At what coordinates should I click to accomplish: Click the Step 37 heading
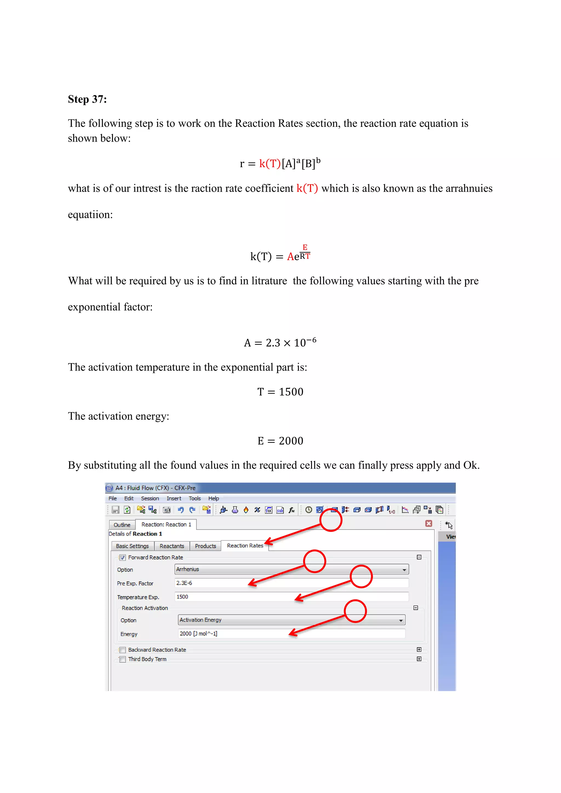(87, 99)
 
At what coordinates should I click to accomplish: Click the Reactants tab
(172, 546)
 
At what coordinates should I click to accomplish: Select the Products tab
(205, 546)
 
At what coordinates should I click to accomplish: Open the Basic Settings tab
(132, 546)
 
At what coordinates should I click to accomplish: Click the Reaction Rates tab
(245, 546)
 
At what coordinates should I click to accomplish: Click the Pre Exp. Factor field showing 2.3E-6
(291, 583)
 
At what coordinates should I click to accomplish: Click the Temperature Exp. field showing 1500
(291, 597)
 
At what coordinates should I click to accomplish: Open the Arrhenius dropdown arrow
(404, 570)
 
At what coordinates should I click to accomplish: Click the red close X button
(429, 524)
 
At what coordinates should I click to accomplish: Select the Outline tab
(122, 525)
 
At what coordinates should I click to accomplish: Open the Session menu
(150, 498)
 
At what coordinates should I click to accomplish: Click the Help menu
(213, 498)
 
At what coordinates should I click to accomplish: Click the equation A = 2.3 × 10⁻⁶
(280, 343)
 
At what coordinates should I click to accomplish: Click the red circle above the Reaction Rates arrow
(331, 521)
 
